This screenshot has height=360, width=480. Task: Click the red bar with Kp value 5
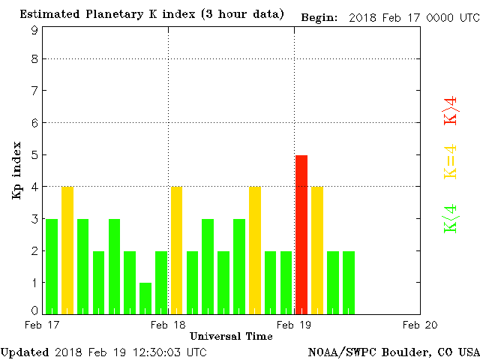pyautogui.click(x=301, y=234)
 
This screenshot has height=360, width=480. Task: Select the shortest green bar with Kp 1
pyautogui.click(x=145, y=298)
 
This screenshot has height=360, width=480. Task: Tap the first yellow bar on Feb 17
pyautogui.click(x=67, y=250)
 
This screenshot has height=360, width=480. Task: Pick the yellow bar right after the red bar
pyautogui.click(x=317, y=250)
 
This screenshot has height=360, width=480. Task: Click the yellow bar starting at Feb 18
pyautogui.click(x=177, y=250)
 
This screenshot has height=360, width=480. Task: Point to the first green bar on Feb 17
pyautogui.click(x=52, y=266)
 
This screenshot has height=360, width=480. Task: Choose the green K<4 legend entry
pyautogui.click(x=451, y=219)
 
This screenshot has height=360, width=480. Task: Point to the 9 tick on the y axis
pyautogui.click(x=34, y=30)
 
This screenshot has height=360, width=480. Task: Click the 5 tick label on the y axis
pyautogui.click(x=34, y=155)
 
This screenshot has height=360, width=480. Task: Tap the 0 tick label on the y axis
pyautogui.click(x=34, y=310)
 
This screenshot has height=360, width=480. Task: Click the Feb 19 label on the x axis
pyautogui.click(x=294, y=325)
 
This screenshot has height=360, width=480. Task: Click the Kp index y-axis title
pyautogui.click(x=16, y=170)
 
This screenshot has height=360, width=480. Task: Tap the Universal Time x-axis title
pyautogui.click(x=231, y=336)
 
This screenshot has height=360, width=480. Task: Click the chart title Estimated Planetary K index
pyautogui.click(x=151, y=14)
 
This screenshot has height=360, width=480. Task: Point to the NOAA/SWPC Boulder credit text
pyautogui.click(x=393, y=352)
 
